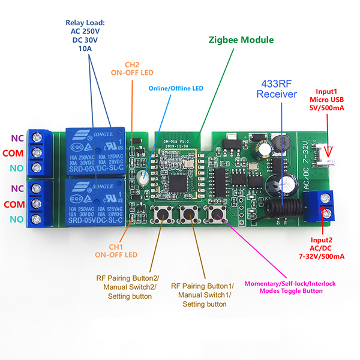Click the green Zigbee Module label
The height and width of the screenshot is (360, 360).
(x=241, y=40)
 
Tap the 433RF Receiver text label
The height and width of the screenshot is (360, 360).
(x=277, y=89)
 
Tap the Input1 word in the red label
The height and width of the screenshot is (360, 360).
(x=326, y=89)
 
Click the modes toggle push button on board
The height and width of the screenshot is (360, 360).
(x=215, y=215)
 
